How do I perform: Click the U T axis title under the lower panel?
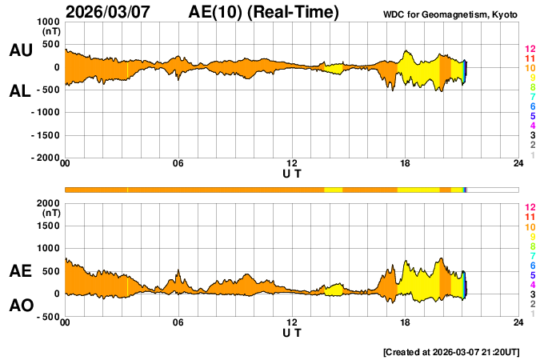(292, 332)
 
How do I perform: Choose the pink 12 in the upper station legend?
(529, 50)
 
